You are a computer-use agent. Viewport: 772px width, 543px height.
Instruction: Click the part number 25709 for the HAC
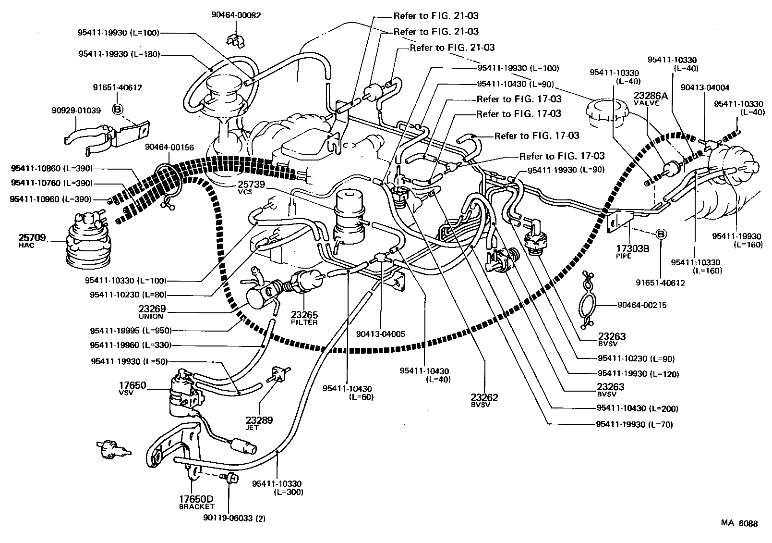(32, 237)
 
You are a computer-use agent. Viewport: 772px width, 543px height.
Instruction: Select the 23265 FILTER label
(304, 318)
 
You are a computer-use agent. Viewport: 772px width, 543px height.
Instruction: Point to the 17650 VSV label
(133, 388)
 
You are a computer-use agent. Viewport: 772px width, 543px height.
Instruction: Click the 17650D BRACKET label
(196, 502)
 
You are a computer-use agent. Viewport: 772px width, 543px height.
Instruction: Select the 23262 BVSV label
(485, 400)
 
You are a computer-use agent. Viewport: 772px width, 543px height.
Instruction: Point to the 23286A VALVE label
(651, 98)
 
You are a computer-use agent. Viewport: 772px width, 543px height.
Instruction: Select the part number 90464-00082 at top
(236, 15)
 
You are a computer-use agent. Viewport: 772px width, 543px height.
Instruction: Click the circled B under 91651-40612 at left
(117, 110)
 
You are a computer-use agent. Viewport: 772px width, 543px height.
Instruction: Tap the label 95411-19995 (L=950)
(131, 331)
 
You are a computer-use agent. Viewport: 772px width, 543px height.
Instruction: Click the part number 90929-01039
(76, 110)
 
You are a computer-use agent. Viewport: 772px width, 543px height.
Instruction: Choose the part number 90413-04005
(381, 333)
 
